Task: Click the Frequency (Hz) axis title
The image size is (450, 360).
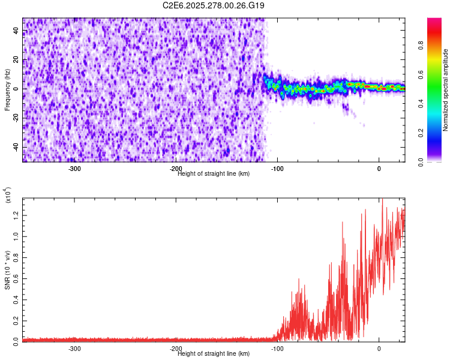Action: (7, 91)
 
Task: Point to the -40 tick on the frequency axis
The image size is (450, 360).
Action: (15, 148)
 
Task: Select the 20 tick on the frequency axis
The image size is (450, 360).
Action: (16, 60)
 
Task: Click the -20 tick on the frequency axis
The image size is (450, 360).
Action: (15, 118)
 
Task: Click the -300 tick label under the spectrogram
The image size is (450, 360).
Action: (74, 169)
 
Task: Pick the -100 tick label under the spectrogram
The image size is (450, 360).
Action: (277, 169)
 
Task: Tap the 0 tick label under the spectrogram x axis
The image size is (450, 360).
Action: (379, 169)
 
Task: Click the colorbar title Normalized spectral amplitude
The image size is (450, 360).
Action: (446, 91)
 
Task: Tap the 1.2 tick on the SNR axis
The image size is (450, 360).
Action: (16, 215)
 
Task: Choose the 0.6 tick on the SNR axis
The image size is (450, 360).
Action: (16, 278)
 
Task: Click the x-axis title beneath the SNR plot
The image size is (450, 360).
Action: (213, 353)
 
